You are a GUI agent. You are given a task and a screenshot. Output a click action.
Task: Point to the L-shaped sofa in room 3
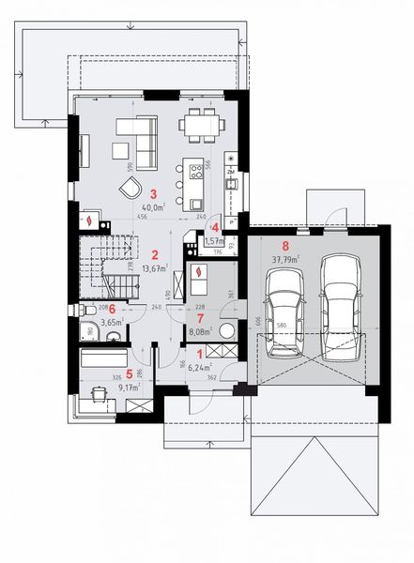click(136, 137)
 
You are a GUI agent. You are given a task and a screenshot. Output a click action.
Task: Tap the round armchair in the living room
click(128, 187)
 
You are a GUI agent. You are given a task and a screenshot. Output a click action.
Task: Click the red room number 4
click(215, 226)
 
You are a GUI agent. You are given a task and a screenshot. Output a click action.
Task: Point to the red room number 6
click(111, 308)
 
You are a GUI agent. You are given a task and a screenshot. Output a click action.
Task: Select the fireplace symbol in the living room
click(89, 221)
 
